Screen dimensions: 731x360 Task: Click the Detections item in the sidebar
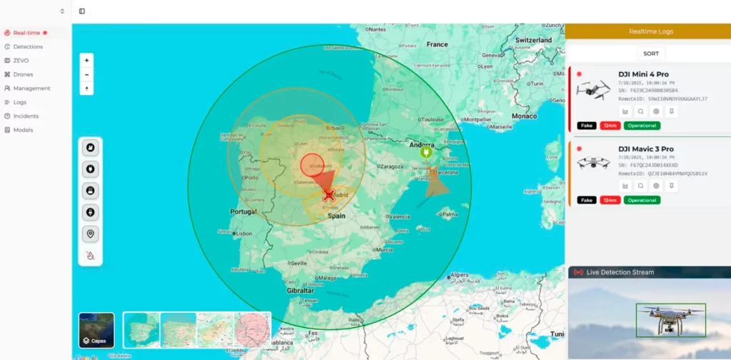click(x=28, y=46)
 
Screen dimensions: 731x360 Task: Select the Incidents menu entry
click(x=26, y=116)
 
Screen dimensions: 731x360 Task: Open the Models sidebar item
click(x=23, y=130)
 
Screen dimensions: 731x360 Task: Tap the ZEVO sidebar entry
click(x=21, y=61)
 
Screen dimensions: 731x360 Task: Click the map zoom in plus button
click(x=86, y=60)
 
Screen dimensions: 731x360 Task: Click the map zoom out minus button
click(x=86, y=74)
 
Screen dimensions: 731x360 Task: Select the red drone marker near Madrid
click(x=328, y=194)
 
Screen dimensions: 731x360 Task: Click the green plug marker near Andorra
click(x=425, y=152)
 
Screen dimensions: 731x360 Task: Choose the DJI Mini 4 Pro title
click(x=643, y=74)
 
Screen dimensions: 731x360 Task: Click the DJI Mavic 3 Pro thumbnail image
click(x=592, y=163)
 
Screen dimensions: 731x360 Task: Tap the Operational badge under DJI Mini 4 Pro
click(x=642, y=126)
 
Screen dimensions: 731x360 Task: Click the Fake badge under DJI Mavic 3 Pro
click(x=587, y=200)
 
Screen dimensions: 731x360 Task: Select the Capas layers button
click(x=96, y=330)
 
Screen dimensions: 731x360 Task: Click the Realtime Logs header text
click(x=650, y=31)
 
